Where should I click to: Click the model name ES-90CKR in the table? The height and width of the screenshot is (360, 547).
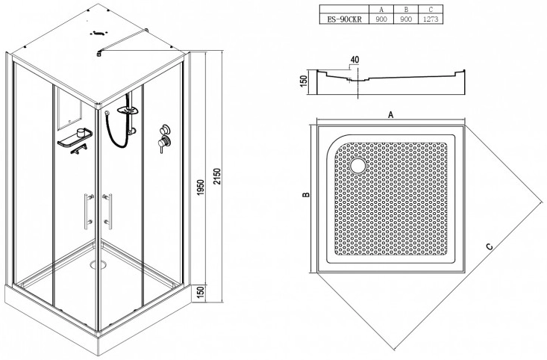344,19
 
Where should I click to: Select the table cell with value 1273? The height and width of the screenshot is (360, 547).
431,19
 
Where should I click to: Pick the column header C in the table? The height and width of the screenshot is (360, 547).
431,10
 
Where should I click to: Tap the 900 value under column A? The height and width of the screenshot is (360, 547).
381,19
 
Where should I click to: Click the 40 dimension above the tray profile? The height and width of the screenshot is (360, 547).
354,60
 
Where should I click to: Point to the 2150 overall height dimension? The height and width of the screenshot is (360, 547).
217,177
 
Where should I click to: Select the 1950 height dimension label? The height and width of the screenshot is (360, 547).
200,187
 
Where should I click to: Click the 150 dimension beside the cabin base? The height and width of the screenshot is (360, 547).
200,293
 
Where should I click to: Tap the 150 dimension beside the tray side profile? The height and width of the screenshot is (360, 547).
304,81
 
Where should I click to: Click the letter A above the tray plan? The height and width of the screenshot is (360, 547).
391,114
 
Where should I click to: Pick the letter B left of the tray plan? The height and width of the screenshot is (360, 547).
306,195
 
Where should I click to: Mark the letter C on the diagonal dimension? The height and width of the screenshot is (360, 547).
490,247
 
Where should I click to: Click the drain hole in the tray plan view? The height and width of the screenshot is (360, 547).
357,166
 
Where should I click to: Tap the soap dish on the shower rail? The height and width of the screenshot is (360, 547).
128,111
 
